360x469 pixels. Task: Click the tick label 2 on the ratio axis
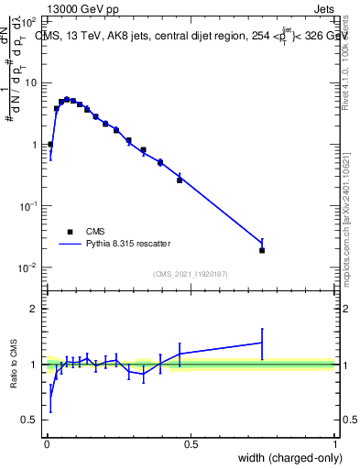tap(34, 309)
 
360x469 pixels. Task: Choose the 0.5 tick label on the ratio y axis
tap(29, 420)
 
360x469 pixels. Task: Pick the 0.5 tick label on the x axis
tap(191, 444)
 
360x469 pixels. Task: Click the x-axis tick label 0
tap(46, 444)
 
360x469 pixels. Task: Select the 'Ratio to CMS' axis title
tap(13, 365)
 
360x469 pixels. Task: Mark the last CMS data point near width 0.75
tap(262, 250)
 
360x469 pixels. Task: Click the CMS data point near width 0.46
tap(180, 180)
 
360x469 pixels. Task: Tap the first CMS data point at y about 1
tap(50, 145)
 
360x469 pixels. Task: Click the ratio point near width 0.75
tap(262, 343)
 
